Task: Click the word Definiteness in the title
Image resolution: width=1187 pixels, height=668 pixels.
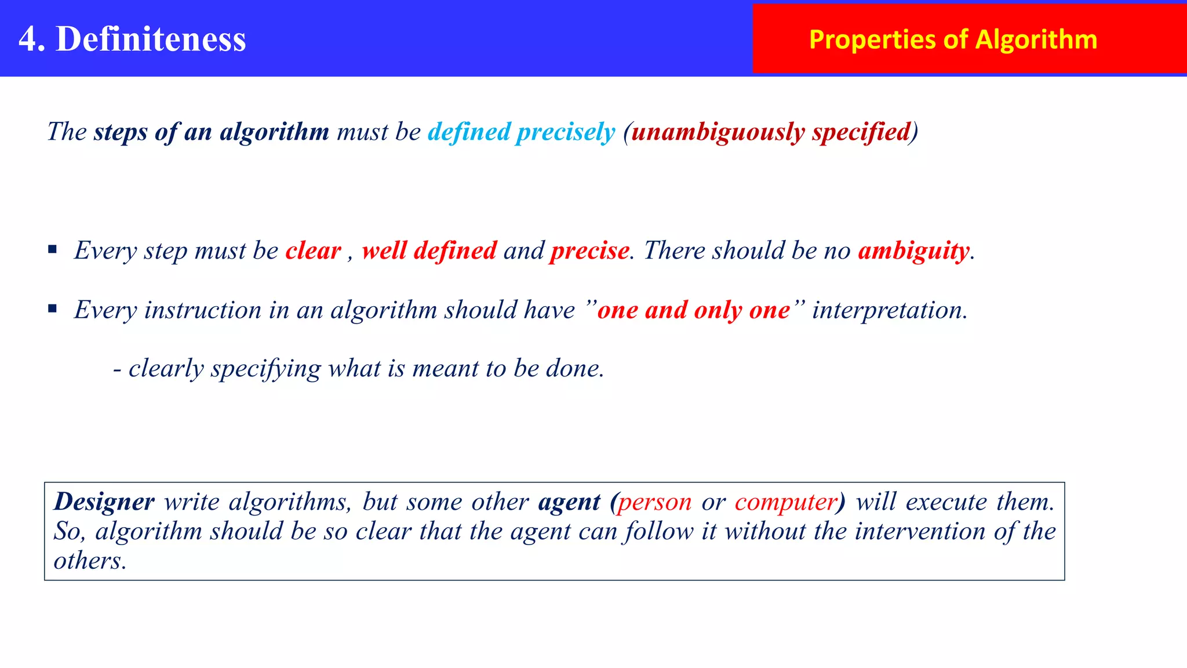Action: coord(151,39)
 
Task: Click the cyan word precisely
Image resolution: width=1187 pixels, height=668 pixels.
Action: coord(565,132)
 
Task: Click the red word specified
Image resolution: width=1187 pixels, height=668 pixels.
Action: coord(861,132)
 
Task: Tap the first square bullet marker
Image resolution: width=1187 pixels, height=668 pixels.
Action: coord(53,250)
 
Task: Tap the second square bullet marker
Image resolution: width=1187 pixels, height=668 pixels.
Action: coord(53,309)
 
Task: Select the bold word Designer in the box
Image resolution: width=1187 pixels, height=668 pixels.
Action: coord(104,502)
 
